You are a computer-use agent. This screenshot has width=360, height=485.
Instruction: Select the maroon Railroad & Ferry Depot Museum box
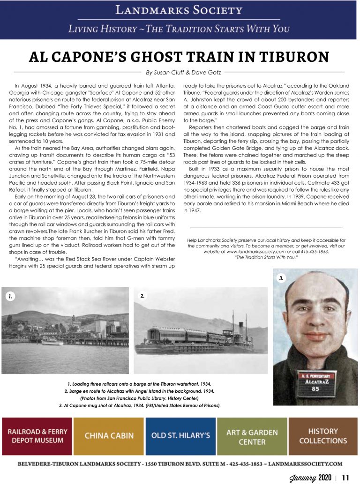point(37,436)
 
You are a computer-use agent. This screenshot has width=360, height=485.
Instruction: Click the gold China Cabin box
point(109,436)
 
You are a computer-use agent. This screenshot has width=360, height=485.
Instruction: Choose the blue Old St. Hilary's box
point(180,436)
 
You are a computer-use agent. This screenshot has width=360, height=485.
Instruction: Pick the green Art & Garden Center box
point(252,436)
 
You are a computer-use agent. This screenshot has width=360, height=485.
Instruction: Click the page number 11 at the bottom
point(345,478)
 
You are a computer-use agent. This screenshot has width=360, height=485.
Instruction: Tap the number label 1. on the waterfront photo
point(10,296)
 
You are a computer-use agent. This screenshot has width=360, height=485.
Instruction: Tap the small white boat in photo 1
point(52,342)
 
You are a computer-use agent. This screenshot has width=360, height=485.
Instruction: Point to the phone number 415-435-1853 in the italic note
point(314,251)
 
